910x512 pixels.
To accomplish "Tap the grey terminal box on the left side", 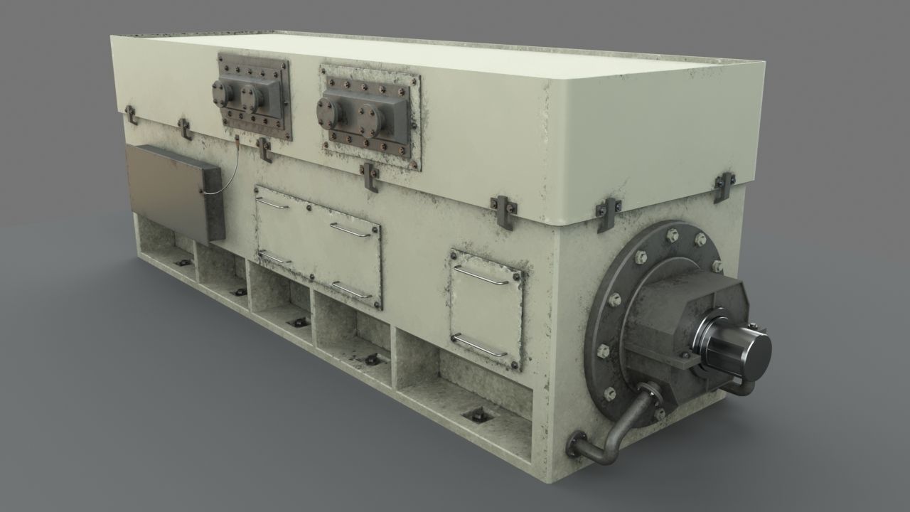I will [174, 190].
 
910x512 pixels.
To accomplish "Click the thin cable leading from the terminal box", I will [226, 174].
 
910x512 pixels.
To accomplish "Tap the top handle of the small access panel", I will [481, 274].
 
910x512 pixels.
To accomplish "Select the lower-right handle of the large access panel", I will [351, 289].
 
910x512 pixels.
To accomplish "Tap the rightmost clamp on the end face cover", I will [723, 186].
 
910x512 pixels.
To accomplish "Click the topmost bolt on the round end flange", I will [672, 235].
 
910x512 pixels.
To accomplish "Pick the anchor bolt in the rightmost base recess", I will [475, 415].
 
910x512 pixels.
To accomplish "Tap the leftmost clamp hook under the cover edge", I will [131, 114].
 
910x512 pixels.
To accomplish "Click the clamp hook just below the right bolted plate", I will [370, 177].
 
